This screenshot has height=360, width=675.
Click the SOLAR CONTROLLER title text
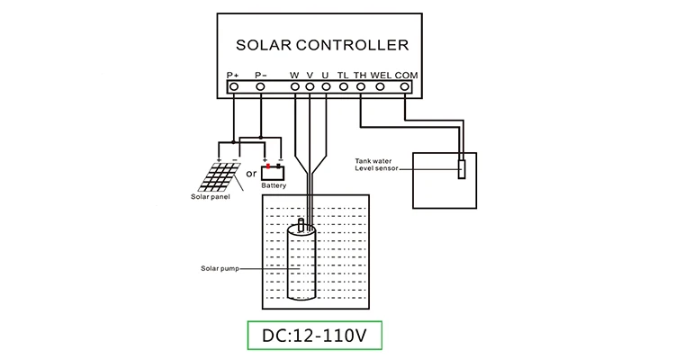point(322,45)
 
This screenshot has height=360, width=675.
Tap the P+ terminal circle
point(234,87)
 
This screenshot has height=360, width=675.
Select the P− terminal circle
point(260,87)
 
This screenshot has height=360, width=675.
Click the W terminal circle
point(295,87)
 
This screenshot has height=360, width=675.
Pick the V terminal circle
point(310,87)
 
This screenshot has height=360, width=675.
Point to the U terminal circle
point(326,87)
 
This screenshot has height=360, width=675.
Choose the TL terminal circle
point(343,87)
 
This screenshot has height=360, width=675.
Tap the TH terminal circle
point(361,87)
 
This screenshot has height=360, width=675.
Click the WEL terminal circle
point(380,87)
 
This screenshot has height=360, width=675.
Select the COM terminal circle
point(404,87)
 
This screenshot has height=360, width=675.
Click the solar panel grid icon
point(220,177)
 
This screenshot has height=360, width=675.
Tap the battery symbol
point(273,172)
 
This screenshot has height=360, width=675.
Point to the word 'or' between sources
point(251,174)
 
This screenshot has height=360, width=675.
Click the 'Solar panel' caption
point(211,197)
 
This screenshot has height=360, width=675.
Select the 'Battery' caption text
point(274,185)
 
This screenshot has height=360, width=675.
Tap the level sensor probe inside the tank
point(462,169)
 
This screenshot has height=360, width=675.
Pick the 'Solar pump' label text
point(220,269)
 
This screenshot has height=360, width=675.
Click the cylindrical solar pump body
point(301,262)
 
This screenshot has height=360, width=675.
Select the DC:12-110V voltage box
point(315,336)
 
